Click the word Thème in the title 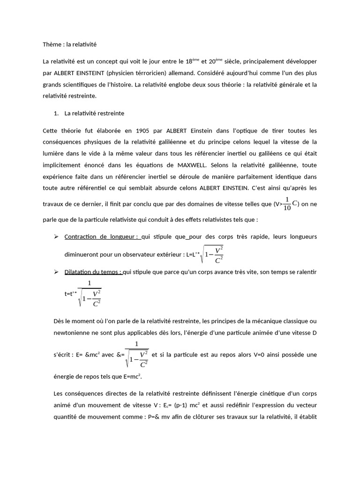click(50, 44)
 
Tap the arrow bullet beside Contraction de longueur click(56, 236)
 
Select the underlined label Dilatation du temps click(93, 272)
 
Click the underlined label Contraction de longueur click(102, 236)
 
